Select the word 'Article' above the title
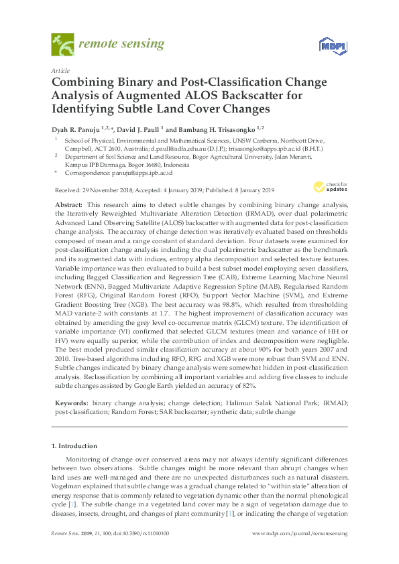tap(60, 70)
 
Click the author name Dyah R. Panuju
tap(74, 129)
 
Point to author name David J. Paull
tap(137, 129)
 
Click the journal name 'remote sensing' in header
tap(121, 44)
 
